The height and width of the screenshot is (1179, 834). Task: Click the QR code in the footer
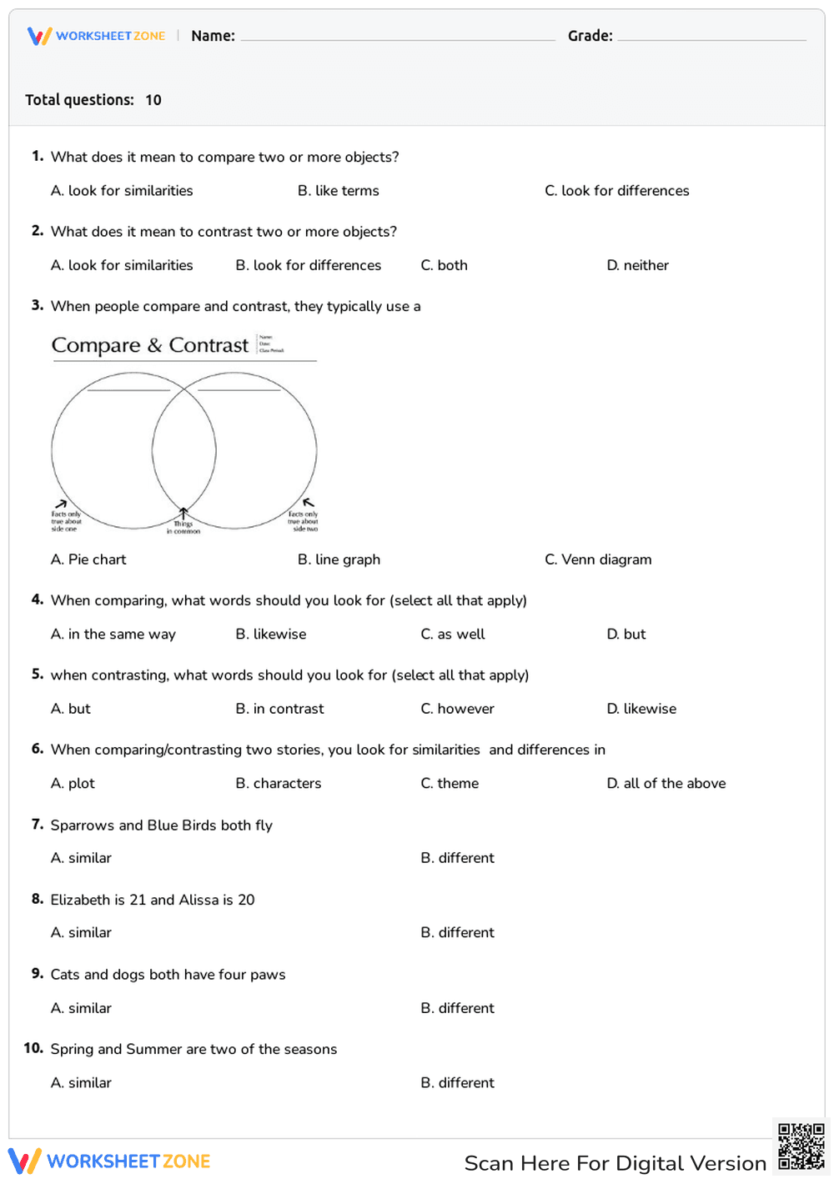pyautogui.click(x=801, y=1146)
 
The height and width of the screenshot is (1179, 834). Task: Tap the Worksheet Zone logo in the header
pyautogui.click(x=97, y=36)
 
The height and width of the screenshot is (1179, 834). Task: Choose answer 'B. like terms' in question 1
pyautogui.click(x=338, y=191)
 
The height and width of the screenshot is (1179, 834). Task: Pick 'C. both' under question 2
pyautogui.click(x=444, y=265)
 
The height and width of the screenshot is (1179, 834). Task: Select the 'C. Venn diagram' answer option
pyautogui.click(x=598, y=559)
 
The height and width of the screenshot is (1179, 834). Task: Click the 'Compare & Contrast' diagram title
pyautogui.click(x=150, y=345)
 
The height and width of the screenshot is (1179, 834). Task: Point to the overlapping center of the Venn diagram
pyautogui.click(x=184, y=450)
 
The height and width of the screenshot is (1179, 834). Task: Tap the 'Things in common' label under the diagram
pyautogui.click(x=183, y=527)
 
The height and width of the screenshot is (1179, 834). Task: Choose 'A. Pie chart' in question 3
pyautogui.click(x=88, y=559)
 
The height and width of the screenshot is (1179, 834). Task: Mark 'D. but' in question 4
pyautogui.click(x=625, y=635)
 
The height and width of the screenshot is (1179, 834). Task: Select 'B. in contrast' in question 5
pyautogui.click(x=279, y=709)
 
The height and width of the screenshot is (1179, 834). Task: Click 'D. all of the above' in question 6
pyautogui.click(x=666, y=784)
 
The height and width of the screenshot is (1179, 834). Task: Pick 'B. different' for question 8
pyautogui.click(x=457, y=933)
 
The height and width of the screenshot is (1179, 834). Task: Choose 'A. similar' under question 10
pyautogui.click(x=81, y=1083)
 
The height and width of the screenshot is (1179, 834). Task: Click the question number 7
pyautogui.click(x=37, y=825)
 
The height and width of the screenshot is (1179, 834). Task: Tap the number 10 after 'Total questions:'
pyautogui.click(x=153, y=100)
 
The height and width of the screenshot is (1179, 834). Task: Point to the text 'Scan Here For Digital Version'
pyautogui.click(x=615, y=1163)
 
